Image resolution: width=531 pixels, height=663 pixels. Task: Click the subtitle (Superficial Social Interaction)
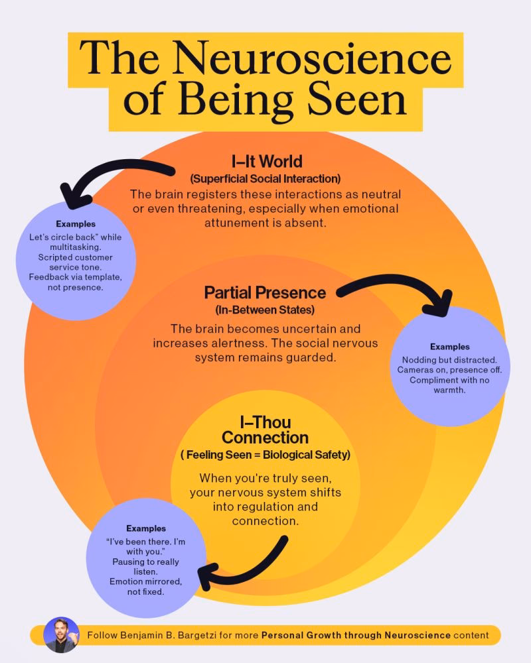(265, 178)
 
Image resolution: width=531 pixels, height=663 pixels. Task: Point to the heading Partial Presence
(265, 292)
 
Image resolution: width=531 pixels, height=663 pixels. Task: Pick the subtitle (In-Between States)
(265, 310)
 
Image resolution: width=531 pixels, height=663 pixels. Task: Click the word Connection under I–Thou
(265, 438)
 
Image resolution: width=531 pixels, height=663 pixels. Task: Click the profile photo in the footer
(61, 634)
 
